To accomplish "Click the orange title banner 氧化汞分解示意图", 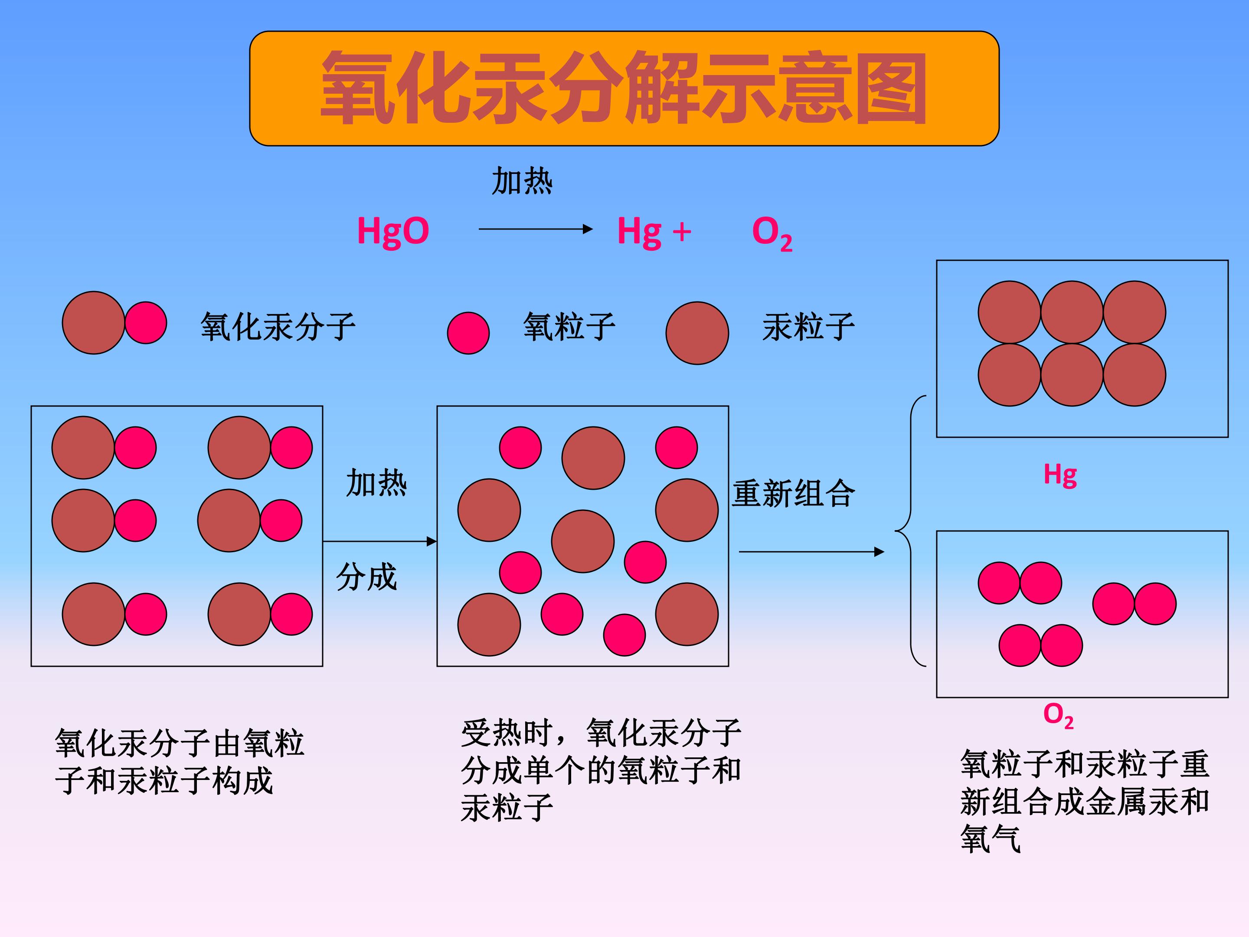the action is [x=624, y=88].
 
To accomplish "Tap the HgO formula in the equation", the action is [x=393, y=232].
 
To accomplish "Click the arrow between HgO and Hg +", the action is [x=535, y=229].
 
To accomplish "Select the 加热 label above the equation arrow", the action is [x=522, y=181].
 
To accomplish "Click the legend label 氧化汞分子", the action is [x=278, y=327].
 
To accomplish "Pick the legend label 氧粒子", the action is [x=569, y=327].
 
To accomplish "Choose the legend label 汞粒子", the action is [x=808, y=327].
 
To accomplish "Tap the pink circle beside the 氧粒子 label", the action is [x=468, y=333].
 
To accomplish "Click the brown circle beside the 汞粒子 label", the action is [x=697, y=333].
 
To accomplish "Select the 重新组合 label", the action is [x=793, y=493].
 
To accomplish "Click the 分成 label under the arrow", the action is [x=366, y=577].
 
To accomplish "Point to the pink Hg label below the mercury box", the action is [x=1060, y=475].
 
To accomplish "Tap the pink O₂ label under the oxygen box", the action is [x=1058, y=716].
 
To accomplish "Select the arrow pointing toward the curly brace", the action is [x=811, y=552].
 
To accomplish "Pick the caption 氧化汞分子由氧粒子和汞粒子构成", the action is [x=180, y=762].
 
